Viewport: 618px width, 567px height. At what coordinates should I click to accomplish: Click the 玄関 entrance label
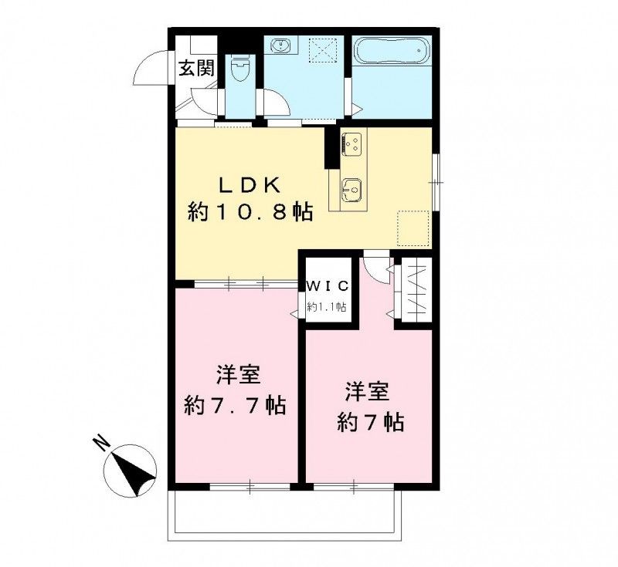[196, 68]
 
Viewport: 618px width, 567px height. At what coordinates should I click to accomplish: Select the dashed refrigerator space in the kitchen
[413, 226]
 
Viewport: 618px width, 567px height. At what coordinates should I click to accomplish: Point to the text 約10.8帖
[250, 213]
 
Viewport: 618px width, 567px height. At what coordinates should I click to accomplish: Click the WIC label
[328, 285]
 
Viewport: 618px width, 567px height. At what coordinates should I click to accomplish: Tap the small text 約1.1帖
[327, 306]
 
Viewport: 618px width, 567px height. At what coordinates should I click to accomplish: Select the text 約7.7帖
[236, 404]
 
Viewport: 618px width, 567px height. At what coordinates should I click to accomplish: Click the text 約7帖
[368, 421]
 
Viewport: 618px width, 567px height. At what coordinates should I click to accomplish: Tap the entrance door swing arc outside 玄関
[148, 70]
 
